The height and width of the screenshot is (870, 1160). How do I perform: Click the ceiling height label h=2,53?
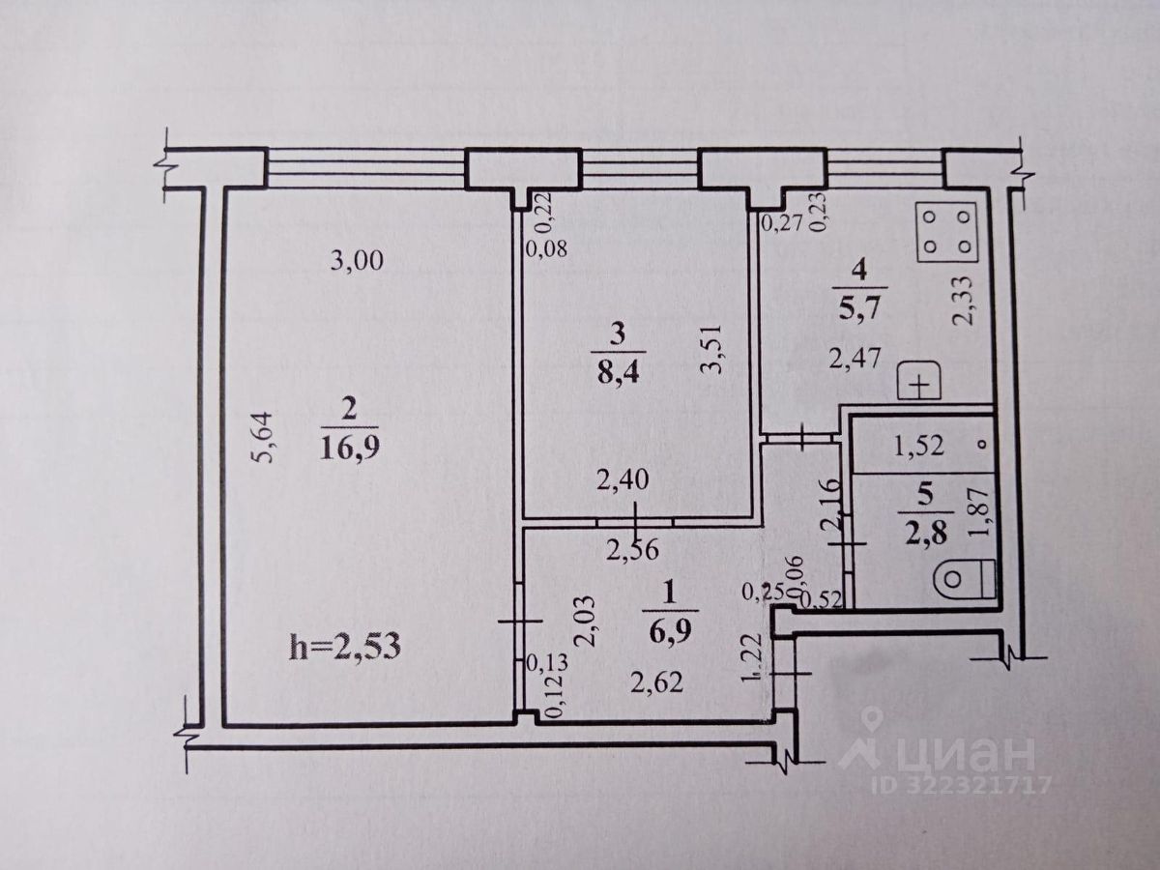345,647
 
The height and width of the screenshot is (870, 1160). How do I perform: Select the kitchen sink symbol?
920,384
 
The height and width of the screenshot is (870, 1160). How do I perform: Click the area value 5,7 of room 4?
854,315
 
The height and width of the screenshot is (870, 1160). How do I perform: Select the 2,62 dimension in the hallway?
657,683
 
